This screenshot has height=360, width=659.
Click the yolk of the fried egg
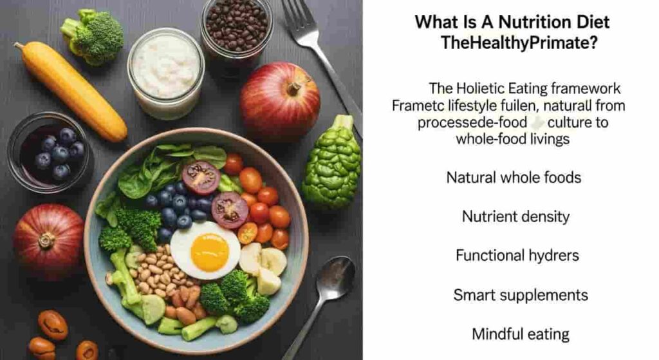click(x=210, y=252)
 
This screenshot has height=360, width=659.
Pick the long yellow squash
click(x=71, y=91)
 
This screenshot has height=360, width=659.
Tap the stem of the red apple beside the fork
click(x=294, y=88)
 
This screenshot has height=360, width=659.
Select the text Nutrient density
click(x=515, y=216)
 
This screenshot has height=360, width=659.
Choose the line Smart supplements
click(x=520, y=295)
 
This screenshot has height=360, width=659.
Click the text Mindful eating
click(x=520, y=334)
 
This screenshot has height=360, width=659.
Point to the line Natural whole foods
click(x=514, y=178)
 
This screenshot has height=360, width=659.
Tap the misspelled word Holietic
click(x=480, y=88)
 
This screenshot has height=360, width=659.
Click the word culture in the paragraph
click(x=568, y=122)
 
